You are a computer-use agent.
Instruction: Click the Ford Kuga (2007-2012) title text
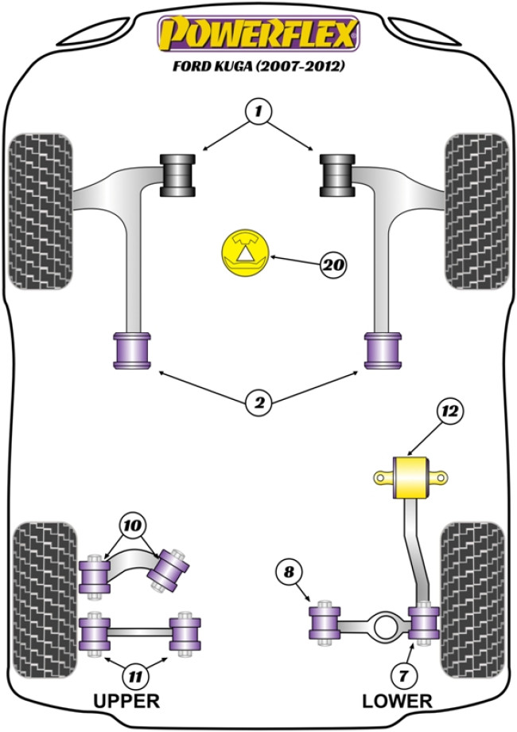coord(258,67)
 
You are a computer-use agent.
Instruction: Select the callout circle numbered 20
coord(334,264)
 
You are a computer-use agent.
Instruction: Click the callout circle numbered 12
coord(449,411)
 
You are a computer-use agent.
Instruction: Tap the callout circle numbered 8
coord(289,572)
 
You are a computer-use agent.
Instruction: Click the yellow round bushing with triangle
coord(243,255)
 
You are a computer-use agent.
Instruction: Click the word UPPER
coord(126,702)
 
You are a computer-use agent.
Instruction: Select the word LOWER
coord(397,702)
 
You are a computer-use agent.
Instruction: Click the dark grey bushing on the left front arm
coord(178,174)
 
